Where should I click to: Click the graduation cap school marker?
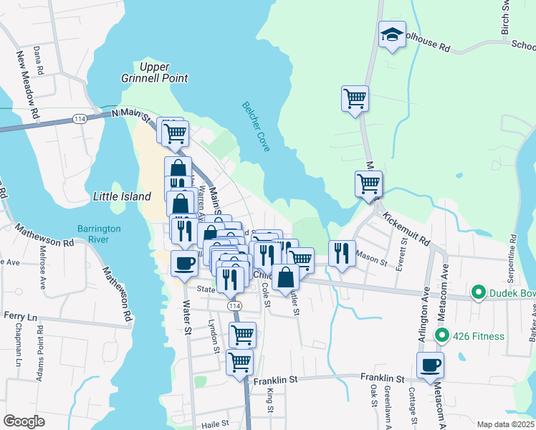[x=392, y=34]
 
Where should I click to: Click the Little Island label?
[x=123, y=196]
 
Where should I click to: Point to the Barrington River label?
[x=99, y=234]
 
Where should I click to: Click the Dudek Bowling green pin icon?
[x=478, y=292]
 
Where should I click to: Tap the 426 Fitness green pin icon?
[x=442, y=335]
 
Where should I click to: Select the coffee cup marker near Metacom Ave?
[x=430, y=365]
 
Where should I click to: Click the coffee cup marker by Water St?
[x=184, y=263]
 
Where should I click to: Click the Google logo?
[x=24, y=421]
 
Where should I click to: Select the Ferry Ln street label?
[x=20, y=315]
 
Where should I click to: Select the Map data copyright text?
[x=504, y=424]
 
